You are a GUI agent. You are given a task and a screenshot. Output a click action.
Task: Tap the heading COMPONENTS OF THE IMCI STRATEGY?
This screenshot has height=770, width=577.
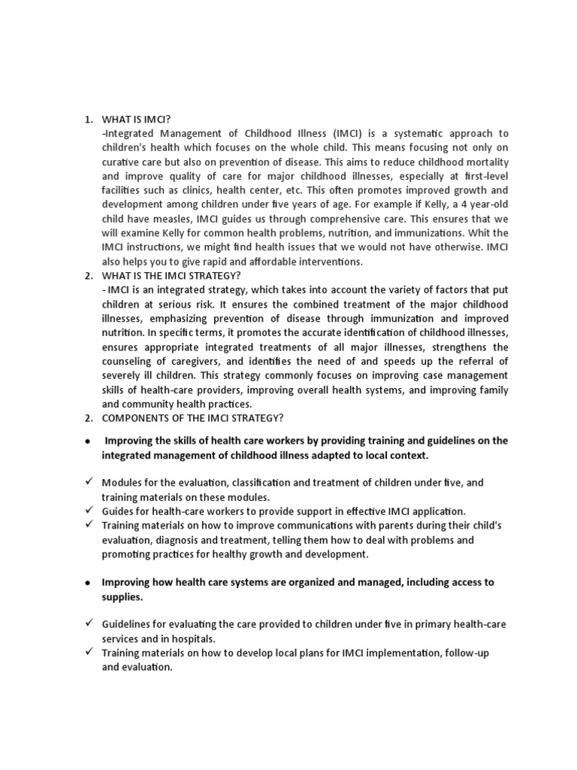tap(192, 418)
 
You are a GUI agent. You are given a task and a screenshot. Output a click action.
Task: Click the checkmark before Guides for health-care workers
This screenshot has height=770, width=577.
tap(89, 511)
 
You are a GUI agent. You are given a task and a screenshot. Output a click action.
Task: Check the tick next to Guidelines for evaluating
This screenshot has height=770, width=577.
tap(89, 623)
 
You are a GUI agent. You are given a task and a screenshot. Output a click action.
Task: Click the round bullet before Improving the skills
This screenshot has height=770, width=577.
tap(89, 441)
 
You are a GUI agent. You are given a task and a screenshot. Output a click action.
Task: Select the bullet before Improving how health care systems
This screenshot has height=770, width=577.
tap(89, 582)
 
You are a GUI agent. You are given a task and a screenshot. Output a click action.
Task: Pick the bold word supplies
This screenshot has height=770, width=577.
tap(122, 596)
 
